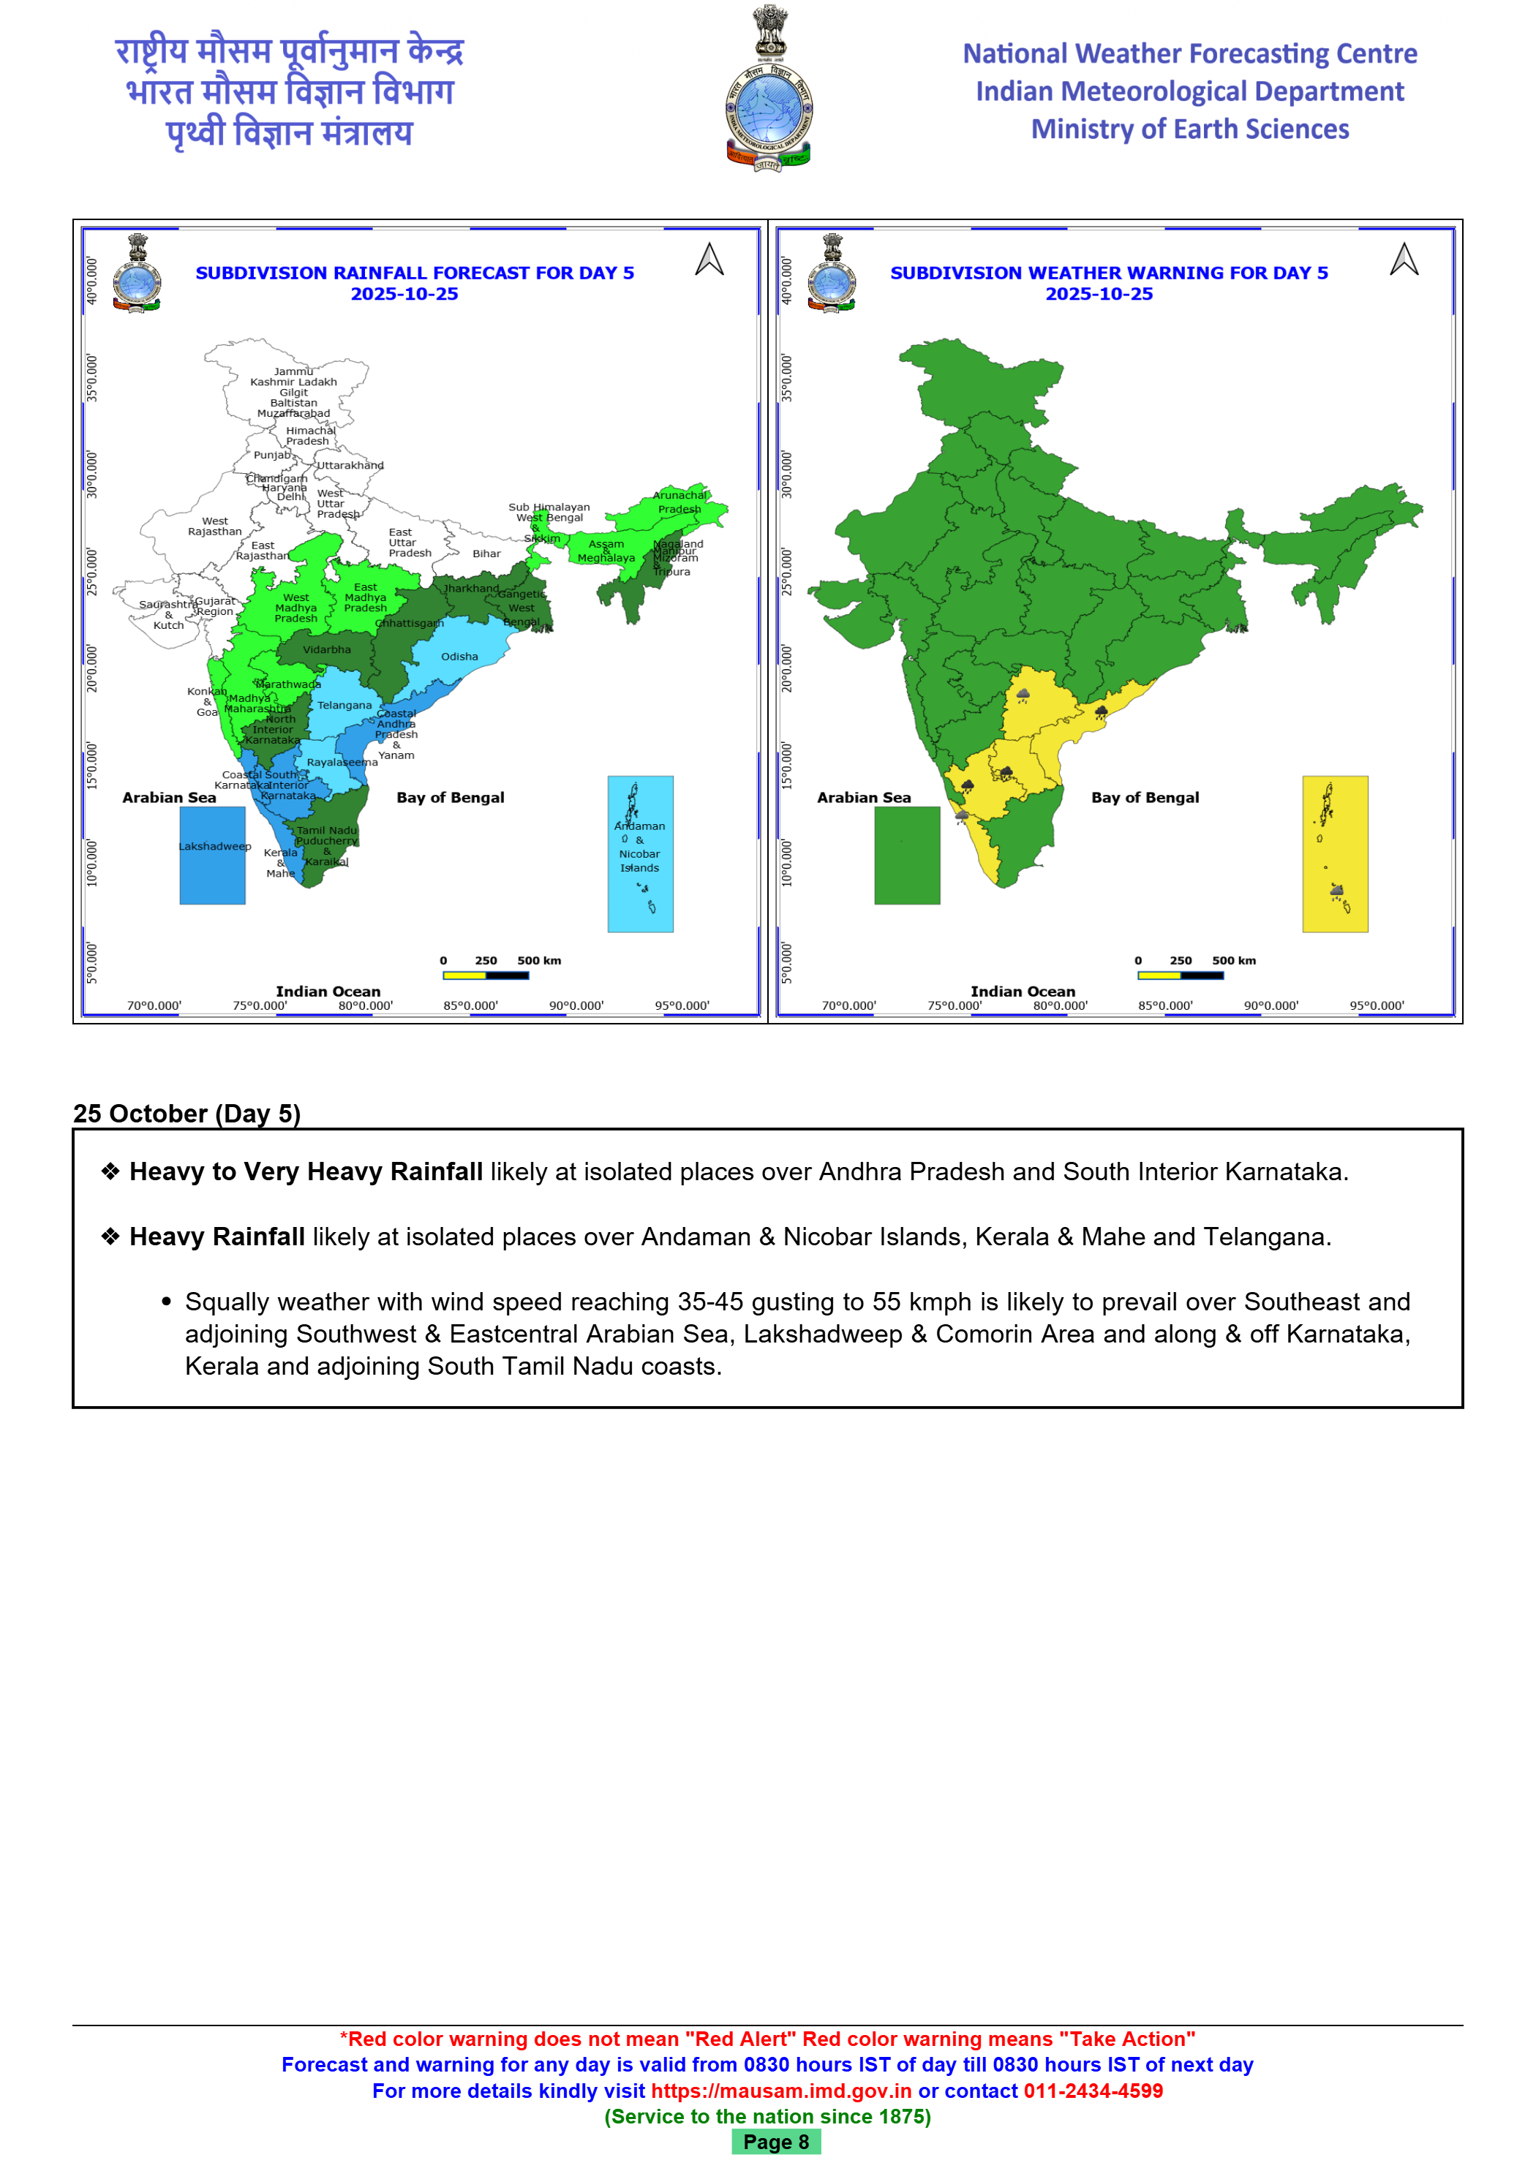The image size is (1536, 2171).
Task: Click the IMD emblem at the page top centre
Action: point(768,90)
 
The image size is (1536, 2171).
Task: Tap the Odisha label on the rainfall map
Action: point(459,656)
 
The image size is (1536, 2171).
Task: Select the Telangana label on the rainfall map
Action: point(345,706)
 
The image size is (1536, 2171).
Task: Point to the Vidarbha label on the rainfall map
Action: point(326,649)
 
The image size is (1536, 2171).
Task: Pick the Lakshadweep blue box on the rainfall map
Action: point(213,856)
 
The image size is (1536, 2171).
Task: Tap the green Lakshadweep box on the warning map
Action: point(906,856)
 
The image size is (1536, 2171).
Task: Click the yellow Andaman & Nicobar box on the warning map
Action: point(1335,854)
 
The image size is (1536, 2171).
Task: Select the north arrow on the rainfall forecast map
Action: point(709,259)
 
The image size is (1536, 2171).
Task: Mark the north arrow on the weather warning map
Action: point(1404,259)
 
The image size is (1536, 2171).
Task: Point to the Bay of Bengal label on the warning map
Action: point(1145,797)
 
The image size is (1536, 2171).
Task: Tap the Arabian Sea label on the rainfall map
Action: point(169,797)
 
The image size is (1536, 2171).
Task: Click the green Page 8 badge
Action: point(775,2142)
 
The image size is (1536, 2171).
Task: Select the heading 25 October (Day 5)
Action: point(187,1113)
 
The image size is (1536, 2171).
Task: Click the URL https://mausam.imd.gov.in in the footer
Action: point(780,2091)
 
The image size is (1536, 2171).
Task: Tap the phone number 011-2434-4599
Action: point(1093,2091)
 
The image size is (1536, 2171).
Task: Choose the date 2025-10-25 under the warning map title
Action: point(1099,294)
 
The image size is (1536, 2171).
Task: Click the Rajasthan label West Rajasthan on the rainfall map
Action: point(215,526)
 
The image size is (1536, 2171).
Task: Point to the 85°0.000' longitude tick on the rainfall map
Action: point(470,1005)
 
